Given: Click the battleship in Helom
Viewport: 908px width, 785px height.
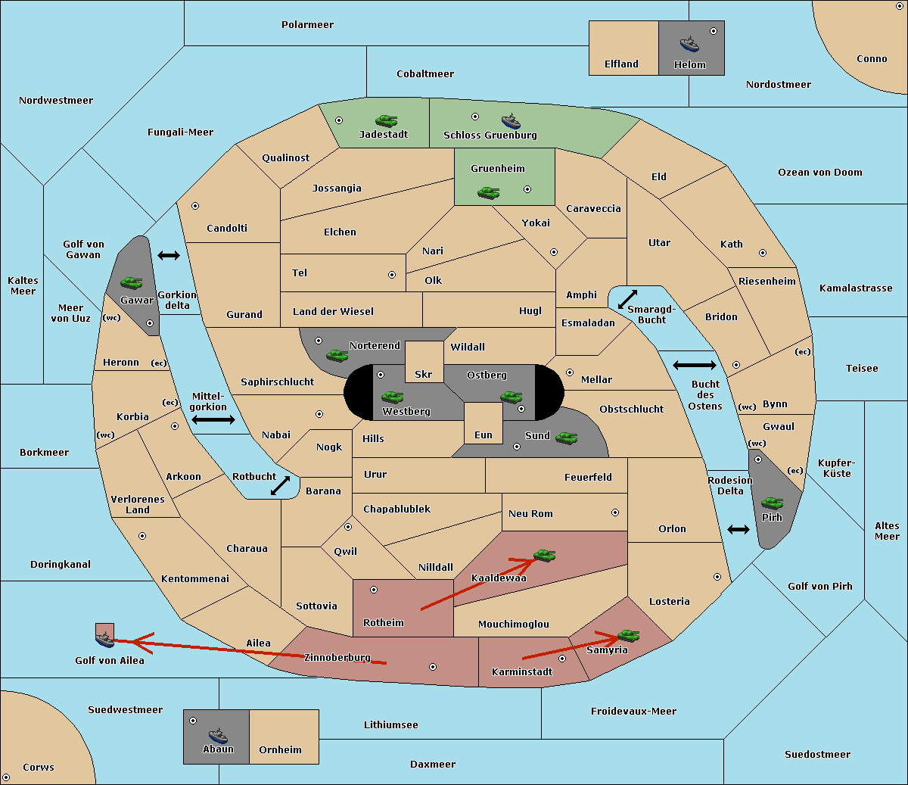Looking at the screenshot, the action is [x=689, y=44].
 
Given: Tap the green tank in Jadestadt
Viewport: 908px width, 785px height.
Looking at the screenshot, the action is [x=387, y=120].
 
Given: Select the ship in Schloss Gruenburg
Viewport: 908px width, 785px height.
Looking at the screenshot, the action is [x=511, y=121].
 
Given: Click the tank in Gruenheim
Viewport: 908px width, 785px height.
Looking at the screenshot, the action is [x=489, y=192].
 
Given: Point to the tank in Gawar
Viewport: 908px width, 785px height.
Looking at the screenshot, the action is [x=132, y=282].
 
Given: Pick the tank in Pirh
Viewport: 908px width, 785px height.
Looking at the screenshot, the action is [x=772, y=503].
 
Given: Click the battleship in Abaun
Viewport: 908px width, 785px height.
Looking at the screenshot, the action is [x=218, y=735].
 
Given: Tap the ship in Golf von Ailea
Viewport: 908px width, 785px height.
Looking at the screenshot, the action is [x=104, y=639].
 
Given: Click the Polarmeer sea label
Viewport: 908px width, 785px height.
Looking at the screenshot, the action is [x=307, y=25].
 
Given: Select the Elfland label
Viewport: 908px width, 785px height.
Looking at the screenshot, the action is [x=621, y=64].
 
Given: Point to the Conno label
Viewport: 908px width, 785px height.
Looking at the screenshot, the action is [x=872, y=59].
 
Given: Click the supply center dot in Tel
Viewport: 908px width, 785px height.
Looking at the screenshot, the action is [x=392, y=275].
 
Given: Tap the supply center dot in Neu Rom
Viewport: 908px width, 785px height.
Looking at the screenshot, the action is [x=615, y=512].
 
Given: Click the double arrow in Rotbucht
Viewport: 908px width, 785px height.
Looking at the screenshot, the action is [x=280, y=485].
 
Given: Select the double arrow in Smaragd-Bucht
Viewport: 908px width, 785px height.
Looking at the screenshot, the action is [x=627, y=299].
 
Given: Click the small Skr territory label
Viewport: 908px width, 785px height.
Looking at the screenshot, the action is [x=424, y=374].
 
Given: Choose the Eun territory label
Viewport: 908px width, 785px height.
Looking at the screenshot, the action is [x=484, y=435].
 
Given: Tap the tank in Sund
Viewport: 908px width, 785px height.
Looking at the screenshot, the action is [x=566, y=438].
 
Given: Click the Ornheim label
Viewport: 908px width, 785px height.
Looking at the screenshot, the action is [x=280, y=750].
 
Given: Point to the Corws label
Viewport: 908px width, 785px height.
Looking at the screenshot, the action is [x=39, y=768].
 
